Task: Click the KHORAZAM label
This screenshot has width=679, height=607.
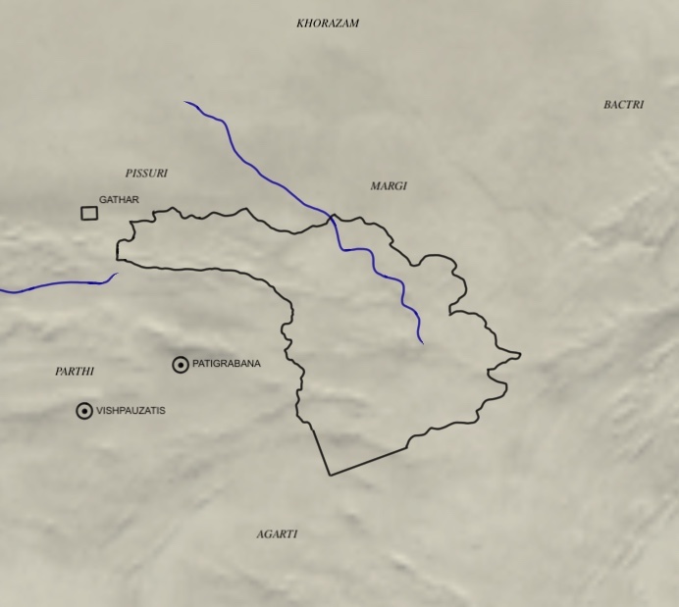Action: [x=328, y=24]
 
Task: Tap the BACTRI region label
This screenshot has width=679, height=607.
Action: [x=623, y=105]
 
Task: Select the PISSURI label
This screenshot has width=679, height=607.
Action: [x=146, y=174]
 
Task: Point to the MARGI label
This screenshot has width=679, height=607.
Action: [x=389, y=186]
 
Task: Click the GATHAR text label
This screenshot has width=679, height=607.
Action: [x=119, y=200]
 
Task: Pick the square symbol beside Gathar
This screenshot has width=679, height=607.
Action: [x=89, y=213]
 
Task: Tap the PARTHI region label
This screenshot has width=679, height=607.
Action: [x=75, y=372]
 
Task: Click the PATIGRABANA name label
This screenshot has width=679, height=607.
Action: [x=227, y=364]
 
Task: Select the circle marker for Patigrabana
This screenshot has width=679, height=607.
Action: [x=181, y=365]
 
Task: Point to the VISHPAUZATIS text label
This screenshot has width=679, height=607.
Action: [x=131, y=411]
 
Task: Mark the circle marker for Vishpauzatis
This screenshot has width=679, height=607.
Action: [x=84, y=411]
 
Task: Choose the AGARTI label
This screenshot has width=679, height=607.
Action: [x=277, y=534]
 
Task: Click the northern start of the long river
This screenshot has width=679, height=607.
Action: [x=185, y=102]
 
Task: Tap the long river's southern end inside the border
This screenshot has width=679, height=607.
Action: [x=422, y=342]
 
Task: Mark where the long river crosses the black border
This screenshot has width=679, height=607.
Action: [x=332, y=216]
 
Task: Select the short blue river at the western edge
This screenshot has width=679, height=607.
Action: [x=49, y=287]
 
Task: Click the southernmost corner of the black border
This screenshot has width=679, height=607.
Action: [x=330, y=475]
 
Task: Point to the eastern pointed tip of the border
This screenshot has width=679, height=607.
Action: [x=520, y=354]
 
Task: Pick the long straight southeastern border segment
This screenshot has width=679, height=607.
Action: [x=368, y=462]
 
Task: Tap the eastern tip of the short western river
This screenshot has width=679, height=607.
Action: [x=117, y=275]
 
